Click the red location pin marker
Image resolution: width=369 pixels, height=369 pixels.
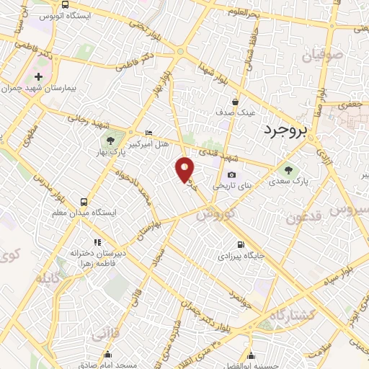click(185, 170)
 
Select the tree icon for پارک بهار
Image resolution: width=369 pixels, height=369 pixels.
click(110, 141)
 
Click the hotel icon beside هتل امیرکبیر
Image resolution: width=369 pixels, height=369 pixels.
click(149, 133)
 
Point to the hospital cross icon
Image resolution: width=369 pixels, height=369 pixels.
click(39, 76)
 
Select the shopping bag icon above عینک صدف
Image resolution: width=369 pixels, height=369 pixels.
click(236, 102)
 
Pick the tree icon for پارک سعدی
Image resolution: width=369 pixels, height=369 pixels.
click(289, 170)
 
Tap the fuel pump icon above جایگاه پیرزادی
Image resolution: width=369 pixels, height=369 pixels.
click(241, 244)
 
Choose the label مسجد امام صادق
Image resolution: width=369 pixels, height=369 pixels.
click(108, 365)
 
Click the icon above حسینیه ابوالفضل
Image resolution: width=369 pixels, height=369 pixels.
click(251, 354)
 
